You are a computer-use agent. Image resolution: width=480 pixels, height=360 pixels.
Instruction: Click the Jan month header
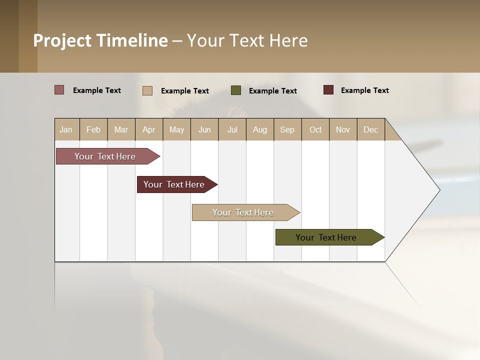tap(66, 129)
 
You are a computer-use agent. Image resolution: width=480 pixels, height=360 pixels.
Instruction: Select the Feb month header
tap(93, 129)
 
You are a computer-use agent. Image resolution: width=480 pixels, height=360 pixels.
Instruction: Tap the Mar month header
tap(121, 129)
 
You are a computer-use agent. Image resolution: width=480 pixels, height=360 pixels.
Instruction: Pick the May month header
tap(176, 129)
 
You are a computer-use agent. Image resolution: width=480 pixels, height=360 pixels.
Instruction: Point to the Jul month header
tap(232, 129)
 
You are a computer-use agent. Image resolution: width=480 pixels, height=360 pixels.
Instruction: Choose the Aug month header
tap(259, 129)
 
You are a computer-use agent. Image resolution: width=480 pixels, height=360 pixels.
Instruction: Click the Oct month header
tap(315, 129)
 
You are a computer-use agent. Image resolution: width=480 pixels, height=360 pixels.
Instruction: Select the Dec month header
tap(370, 129)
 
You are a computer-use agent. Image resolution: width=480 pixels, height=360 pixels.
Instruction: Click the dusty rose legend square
tap(59, 90)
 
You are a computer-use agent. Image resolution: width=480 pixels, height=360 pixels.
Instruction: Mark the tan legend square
tap(147, 90)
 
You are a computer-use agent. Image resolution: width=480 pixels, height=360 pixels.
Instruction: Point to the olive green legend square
tap(236, 90)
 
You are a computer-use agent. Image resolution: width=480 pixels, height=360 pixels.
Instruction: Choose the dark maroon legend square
tap(328, 90)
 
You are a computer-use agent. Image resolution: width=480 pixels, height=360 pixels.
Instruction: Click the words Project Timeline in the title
tap(100, 40)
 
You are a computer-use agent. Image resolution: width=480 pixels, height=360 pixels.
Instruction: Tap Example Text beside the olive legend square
tap(272, 91)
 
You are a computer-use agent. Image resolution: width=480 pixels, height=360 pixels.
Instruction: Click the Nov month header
tap(343, 129)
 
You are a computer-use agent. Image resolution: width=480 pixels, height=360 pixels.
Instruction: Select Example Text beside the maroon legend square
tap(364, 90)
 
